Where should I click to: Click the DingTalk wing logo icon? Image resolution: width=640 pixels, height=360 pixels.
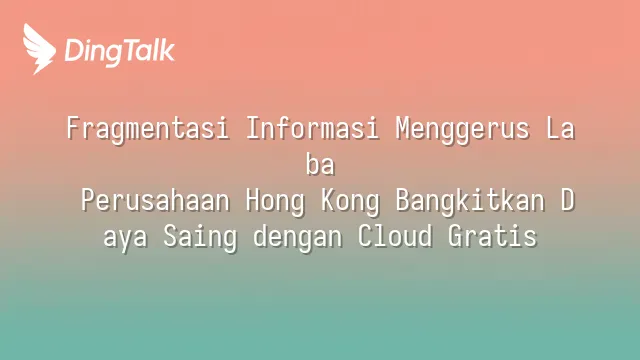point(39,49)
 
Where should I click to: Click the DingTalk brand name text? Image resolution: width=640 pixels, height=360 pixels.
point(120,51)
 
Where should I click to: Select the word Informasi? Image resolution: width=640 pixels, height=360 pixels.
point(312,128)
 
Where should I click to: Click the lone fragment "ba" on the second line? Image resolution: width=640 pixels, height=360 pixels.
point(320,164)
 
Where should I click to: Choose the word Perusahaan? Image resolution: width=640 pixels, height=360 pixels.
point(155,200)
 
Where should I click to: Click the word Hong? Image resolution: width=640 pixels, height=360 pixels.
point(275,202)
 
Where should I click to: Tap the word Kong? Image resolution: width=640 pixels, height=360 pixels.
point(350,202)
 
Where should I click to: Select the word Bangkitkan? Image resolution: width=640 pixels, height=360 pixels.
point(470,202)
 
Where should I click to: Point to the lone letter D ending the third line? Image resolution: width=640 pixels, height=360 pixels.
point(568,200)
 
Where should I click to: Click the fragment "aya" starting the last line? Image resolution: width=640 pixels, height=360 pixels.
point(125,238)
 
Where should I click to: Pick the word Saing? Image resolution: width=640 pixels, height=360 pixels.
point(200,238)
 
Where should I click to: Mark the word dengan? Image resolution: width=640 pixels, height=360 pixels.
point(298,238)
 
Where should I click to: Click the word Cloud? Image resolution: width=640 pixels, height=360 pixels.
point(395,236)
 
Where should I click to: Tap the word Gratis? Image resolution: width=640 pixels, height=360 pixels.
point(492,236)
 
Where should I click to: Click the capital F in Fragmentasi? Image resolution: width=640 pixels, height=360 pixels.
point(73,128)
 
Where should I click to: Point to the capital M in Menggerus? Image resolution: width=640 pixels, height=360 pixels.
point(403,128)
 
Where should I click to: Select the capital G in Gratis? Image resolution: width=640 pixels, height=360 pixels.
point(455,236)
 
